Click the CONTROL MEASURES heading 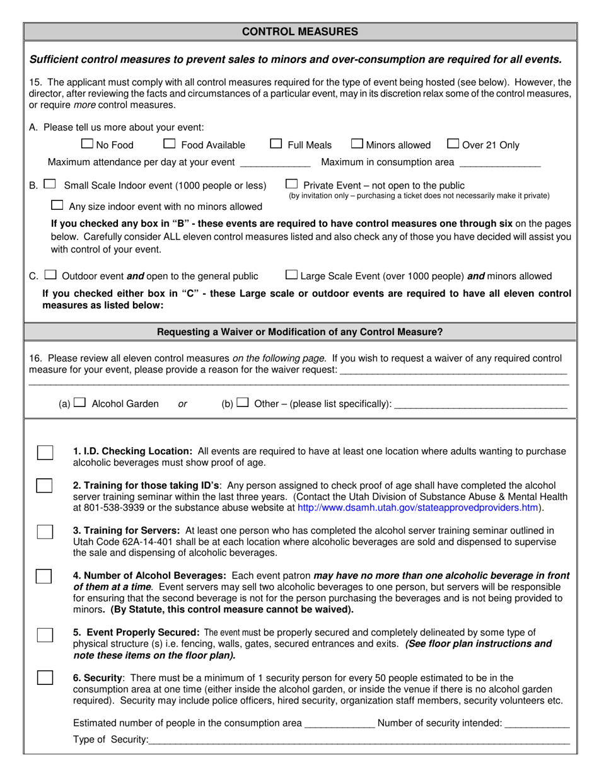pos(300,32)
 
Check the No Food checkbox pos(88,144)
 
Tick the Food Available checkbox pos(169,144)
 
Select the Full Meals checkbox pos(276,144)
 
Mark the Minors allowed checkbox pos(357,144)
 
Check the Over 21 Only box pos(453,144)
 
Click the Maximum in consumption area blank pos(500,164)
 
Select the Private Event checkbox pos(291,185)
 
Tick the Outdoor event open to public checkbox pos(51,275)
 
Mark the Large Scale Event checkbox pos(291,275)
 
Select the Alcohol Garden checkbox pos(79,403)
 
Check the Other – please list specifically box pos(243,403)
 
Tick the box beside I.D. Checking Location pos(45,452)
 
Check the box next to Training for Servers pos(45,531)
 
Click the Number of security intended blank pos(537,725)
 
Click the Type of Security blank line pos(359,740)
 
